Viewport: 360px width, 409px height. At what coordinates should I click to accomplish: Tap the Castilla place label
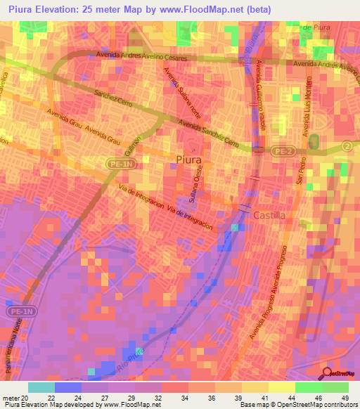pyautogui.click(x=269, y=216)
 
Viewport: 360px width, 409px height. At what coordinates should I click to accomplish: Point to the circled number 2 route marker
pyautogui.click(x=347, y=145)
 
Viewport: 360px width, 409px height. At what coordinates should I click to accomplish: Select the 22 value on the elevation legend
pyautogui.click(x=67, y=398)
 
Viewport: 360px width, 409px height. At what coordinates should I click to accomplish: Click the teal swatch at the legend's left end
pyautogui.click(x=41, y=387)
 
